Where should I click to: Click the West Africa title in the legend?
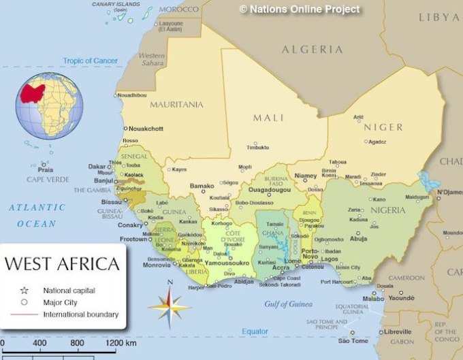tap(63, 263)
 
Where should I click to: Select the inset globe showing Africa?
tap(50, 105)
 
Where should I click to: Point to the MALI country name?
tap(268, 117)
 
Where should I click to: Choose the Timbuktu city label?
tap(257, 147)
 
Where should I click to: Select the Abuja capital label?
tap(358, 239)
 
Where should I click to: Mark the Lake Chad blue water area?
tap(429, 181)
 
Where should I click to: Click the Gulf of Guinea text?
tap(289, 304)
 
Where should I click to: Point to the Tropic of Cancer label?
tap(91, 61)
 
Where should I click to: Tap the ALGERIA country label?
tap(313, 49)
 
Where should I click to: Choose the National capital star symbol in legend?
tap(24, 289)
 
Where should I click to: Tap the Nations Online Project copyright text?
tap(299, 9)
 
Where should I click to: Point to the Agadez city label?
tap(377, 142)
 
